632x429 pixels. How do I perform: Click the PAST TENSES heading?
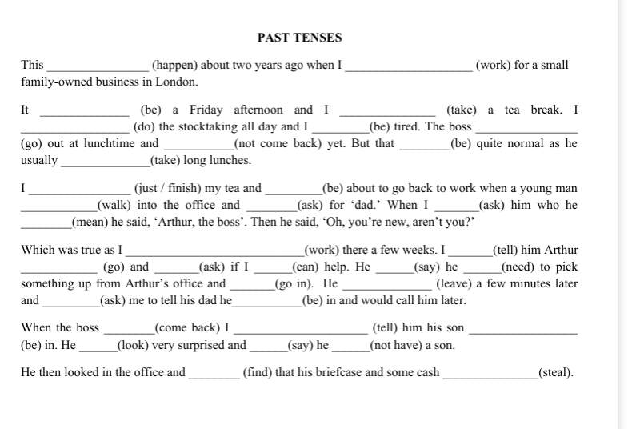pos(299,38)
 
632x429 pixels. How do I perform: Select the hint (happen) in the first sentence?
pos(176,65)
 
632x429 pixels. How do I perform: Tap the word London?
pos(178,82)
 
